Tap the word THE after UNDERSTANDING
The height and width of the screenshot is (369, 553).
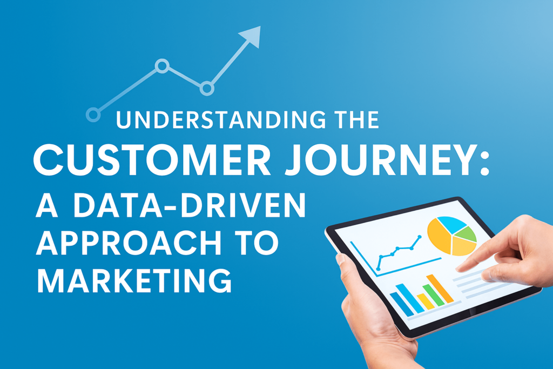point(351,120)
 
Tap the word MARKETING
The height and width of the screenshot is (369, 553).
point(134,281)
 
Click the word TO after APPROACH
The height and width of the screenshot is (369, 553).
point(259,245)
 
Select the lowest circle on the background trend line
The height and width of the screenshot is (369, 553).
point(93,115)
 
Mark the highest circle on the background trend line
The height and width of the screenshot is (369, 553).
point(161,66)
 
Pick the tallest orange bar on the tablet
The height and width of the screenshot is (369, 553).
point(440,289)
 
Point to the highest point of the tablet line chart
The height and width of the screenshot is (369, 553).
point(419,237)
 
